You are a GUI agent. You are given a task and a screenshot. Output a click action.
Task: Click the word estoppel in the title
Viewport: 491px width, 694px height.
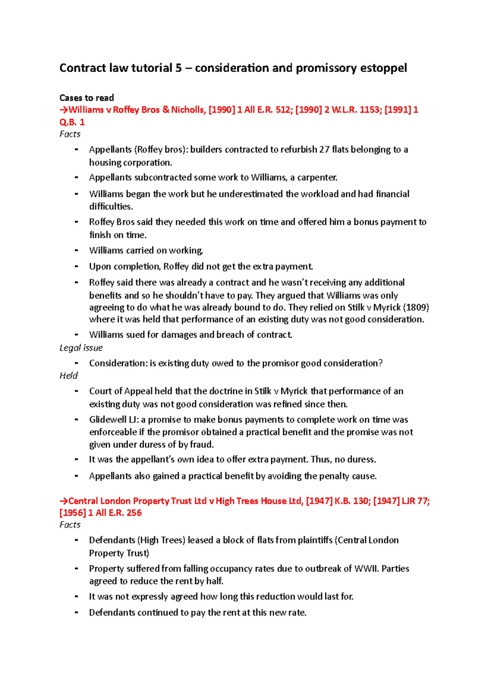coord(383,68)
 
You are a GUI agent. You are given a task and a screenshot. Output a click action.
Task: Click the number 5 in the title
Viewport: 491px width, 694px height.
coord(178,68)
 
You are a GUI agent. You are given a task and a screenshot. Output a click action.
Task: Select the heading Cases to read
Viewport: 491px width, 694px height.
coord(86,98)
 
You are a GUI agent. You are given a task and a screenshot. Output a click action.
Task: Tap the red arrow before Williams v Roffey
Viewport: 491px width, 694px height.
coord(64,110)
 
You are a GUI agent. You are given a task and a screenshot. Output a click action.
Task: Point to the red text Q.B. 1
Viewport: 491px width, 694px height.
coord(72,122)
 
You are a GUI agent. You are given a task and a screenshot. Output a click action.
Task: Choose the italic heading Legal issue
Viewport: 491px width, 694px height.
coord(81,348)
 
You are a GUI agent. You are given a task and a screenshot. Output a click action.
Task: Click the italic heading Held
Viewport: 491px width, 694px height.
coord(68,376)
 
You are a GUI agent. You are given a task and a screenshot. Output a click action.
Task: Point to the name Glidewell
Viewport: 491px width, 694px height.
coord(108,420)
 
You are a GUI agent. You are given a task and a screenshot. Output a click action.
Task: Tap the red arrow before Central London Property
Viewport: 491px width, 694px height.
coord(64,501)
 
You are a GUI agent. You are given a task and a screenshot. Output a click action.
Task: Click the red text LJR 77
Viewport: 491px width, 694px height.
coord(414,501)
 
